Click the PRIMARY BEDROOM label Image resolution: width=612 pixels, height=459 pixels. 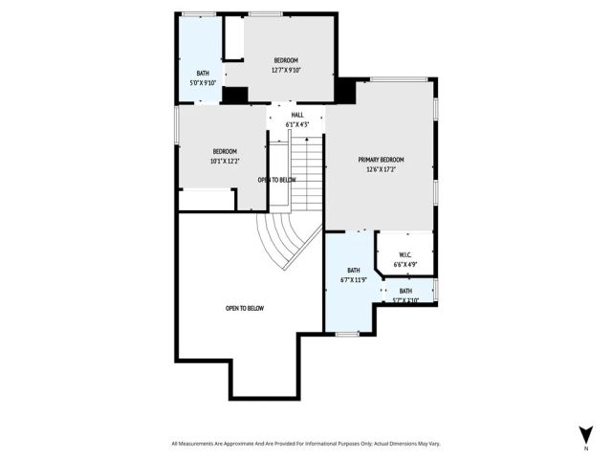[x=381, y=160]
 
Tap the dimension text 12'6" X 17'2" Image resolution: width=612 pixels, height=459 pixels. [x=381, y=169]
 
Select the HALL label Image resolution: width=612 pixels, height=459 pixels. [x=297, y=116]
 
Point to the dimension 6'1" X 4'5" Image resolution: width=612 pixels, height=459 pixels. [x=297, y=124]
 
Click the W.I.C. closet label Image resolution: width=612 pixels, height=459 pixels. [x=404, y=255]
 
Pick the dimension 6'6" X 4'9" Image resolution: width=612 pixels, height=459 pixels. [x=404, y=264]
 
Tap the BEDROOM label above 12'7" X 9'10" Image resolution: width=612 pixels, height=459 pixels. [x=286, y=60]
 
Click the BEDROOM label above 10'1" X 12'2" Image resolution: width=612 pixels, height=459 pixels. [x=225, y=152]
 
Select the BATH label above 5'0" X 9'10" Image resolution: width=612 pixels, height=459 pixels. [x=203, y=74]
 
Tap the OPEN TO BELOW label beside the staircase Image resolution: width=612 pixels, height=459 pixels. [x=276, y=180]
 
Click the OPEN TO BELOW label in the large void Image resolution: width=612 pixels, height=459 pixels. [x=245, y=308]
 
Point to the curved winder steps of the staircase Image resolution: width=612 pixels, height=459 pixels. [x=284, y=239]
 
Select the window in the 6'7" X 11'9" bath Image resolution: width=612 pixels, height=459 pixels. [x=347, y=334]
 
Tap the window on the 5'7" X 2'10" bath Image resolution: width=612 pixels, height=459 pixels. [x=436, y=291]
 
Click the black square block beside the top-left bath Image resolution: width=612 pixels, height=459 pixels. [x=234, y=95]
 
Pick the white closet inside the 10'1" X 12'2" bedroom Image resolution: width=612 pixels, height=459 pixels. [x=207, y=200]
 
